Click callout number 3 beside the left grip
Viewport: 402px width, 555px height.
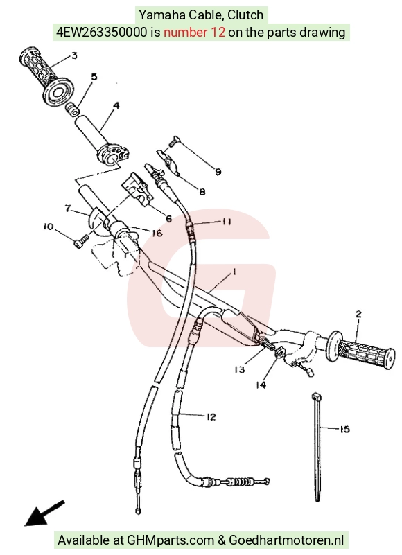point(74,55)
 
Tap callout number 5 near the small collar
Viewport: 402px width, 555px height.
point(94,77)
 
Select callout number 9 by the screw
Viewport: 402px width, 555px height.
point(218,172)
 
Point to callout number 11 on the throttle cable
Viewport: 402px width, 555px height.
point(227,222)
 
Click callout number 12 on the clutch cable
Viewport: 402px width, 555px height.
point(211,417)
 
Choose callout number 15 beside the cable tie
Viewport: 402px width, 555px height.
point(344,430)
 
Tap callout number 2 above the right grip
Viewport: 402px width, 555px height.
point(358,314)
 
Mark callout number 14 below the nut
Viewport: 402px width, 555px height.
point(261,385)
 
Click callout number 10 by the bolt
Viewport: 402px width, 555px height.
point(49,226)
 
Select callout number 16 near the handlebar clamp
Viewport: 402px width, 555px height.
point(157,234)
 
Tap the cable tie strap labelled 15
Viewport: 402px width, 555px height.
point(316,447)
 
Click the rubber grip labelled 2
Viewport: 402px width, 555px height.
point(360,350)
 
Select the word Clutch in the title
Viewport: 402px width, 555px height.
point(245,15)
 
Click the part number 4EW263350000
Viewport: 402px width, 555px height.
point(102,33)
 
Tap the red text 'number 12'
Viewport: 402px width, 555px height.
point(194,33)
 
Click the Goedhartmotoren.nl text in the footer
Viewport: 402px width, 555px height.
point(286,540)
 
